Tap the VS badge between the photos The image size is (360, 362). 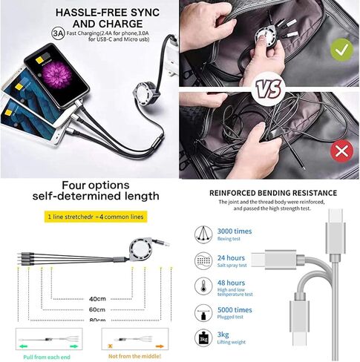point(269,90)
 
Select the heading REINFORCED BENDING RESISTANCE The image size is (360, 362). point(272,193)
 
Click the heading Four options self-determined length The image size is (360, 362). point(90,189)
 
